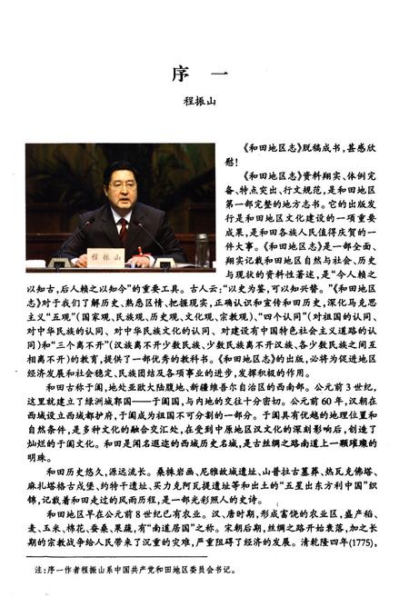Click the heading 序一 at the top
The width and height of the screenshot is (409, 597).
pos(204,73)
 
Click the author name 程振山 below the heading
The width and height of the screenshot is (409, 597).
pos(204,104)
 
